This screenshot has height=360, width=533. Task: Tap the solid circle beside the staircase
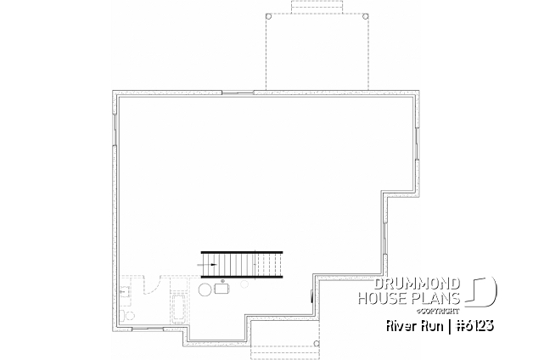coord(205,290)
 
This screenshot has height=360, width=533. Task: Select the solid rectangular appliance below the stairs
coord(222,289)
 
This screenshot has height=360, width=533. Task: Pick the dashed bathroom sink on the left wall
coord(125,291)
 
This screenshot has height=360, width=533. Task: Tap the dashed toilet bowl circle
coord(130,316)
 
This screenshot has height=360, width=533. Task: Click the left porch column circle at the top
coord(268,16)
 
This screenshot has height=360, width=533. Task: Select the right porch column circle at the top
coord(366,16)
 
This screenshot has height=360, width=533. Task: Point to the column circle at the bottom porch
coord(316,343)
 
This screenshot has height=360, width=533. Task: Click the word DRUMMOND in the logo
coord(417,284)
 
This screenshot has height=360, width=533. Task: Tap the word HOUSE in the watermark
coord(382,298)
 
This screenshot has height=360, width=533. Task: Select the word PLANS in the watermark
coord(435,298)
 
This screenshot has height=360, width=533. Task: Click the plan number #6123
coord(475,326)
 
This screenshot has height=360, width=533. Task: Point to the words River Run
coord(415,326)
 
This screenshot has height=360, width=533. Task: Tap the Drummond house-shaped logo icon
coord(480,292)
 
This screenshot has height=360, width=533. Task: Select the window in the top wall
coord(238,93)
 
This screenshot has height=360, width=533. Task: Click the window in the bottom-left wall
coord(147,329)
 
